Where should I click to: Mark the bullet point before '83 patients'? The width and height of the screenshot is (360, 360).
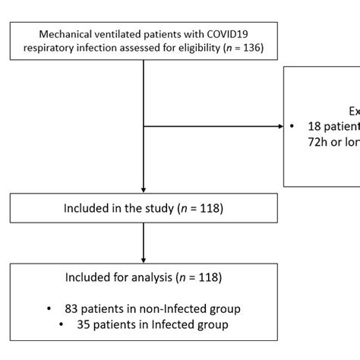coord(49,308)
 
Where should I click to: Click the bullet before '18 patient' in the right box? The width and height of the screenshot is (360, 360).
coord(293,126)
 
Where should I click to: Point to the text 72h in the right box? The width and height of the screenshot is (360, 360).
coord(319,143)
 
